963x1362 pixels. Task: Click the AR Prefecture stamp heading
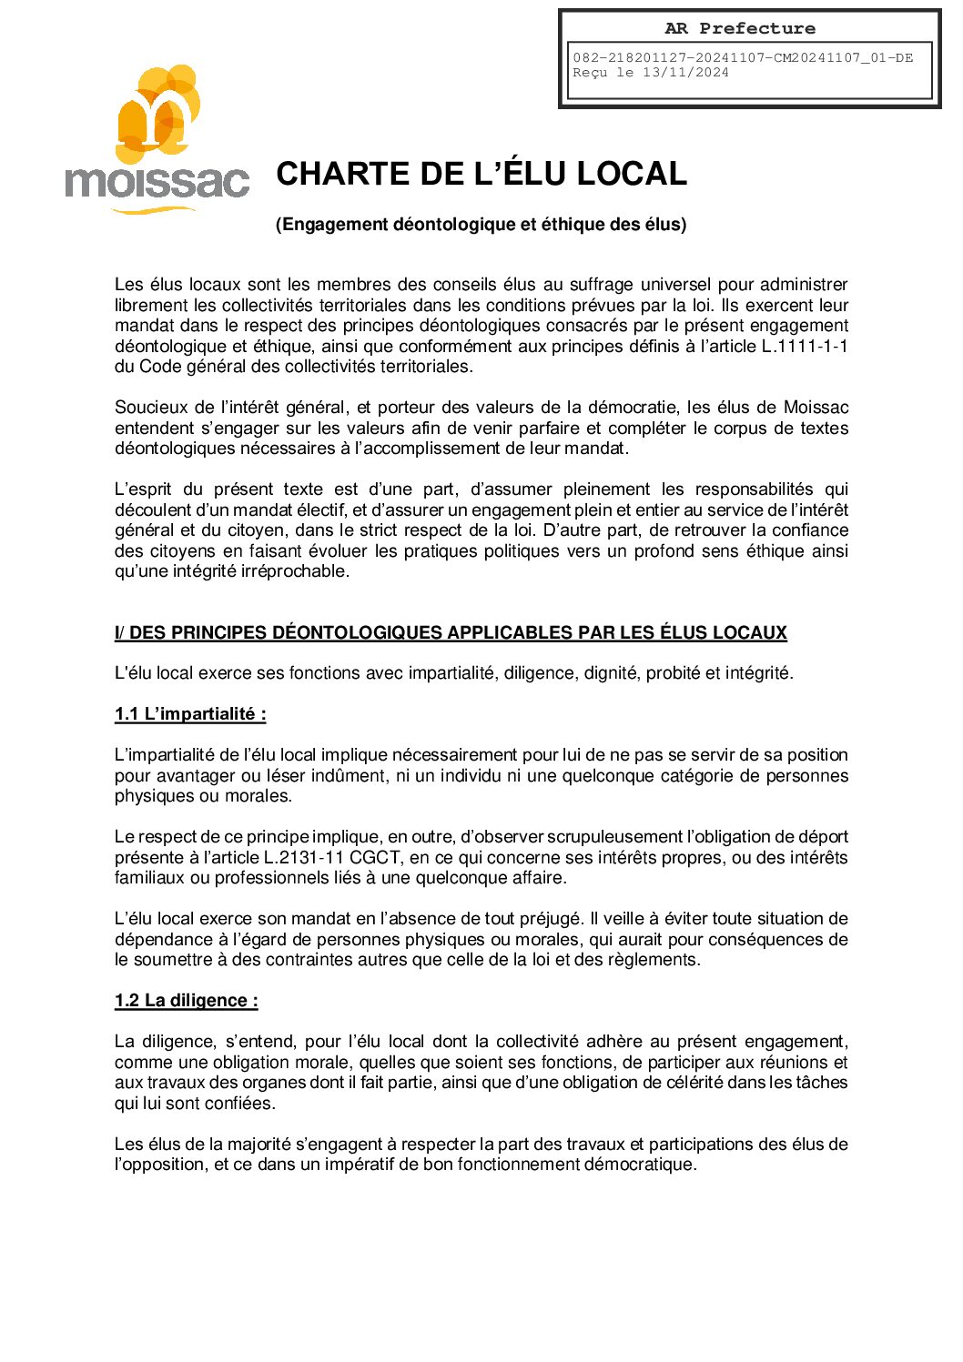[739, 28]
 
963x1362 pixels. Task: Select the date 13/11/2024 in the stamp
[685, 73]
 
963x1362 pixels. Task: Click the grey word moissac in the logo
[157, 181]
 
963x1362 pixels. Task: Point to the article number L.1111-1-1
[805, 347]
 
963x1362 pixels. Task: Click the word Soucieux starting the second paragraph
[146, 408]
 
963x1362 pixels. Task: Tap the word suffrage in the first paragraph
[602, 285]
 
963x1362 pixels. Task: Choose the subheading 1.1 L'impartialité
[190, 714]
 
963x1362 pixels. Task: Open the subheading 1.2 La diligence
[187, 1001]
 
